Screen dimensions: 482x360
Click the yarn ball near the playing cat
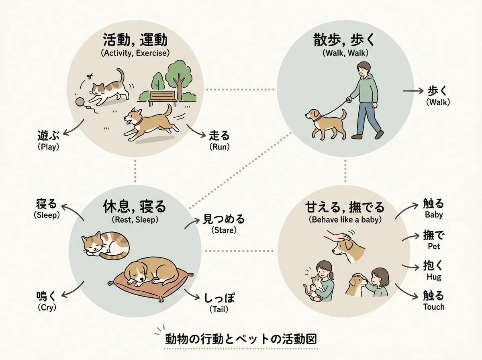click(x=80, y=102)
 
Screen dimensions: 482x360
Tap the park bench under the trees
click(x=163, y=98)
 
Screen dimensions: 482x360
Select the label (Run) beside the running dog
click(x=219, y=147)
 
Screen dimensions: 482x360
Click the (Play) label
click(x=48, y=147)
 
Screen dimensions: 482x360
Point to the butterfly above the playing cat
click(x=90, y=76)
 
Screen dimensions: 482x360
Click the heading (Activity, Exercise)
click(x=135, y=53)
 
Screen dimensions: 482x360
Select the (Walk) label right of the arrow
click(x=438, y=102)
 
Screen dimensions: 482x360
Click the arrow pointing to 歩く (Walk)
click(x=413, y=91)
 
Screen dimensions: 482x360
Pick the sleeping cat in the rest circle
click(x=105, y=246)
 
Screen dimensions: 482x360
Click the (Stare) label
click(x=224, y=230)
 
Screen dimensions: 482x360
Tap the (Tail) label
click(x=219, y=309)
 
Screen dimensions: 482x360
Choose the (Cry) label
click(x=47, y=307)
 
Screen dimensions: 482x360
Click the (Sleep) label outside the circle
click(x=47, y=215)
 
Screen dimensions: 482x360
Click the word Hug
click(x=434, y=277)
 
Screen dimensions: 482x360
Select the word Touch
click(x=434, y=307)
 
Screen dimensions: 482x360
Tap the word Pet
click(x=434, y=246)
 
